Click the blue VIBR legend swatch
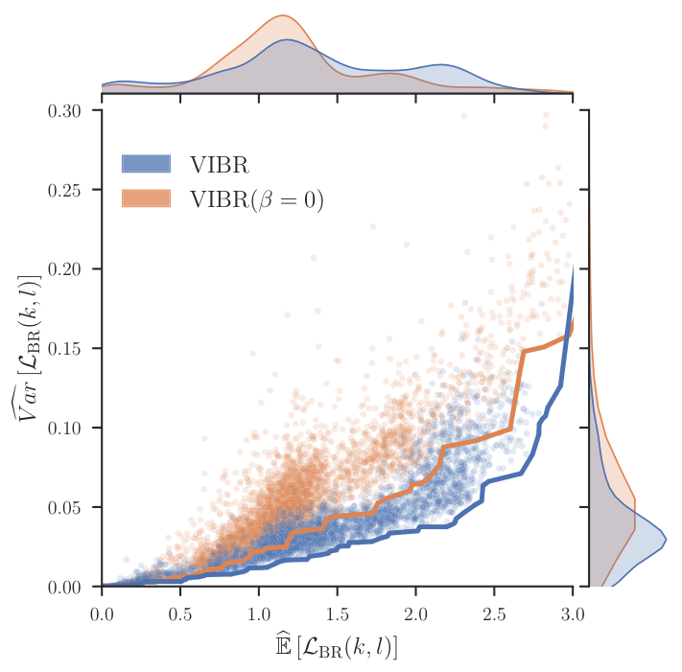(146, 164)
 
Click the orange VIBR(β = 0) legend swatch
(146, 198)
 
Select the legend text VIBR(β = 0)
(257, 200)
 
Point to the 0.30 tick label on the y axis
(64, 111)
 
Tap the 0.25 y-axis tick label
(64, 191)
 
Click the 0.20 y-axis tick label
(64, 269)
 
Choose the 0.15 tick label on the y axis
(64, 349)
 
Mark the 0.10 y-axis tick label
(64, 429)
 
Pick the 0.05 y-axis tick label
(64, 508)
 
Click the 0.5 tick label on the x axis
(180, 614)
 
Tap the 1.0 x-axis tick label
(259, 614)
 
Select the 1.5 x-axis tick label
(338, 614)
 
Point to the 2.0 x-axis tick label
(415, 614)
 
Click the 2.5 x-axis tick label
(495, 614)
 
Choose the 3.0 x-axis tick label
(573, 614)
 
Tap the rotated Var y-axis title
(27, 348)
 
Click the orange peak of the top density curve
(283, 15)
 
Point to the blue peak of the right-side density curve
(666, 540)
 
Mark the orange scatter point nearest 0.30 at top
(464, 117)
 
